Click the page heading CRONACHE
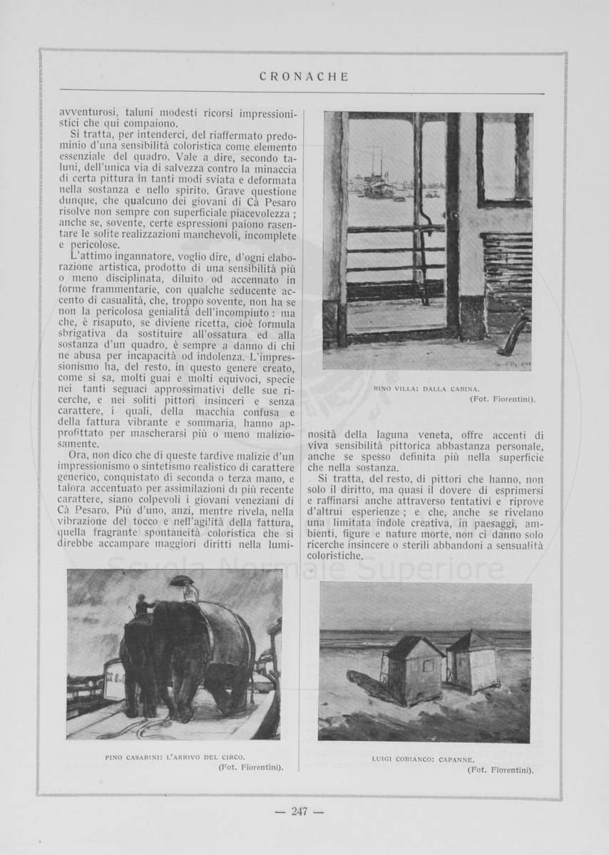[x=304, y=77]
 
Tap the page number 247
[x=299, y=810]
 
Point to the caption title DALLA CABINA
[x=453, y=389]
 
